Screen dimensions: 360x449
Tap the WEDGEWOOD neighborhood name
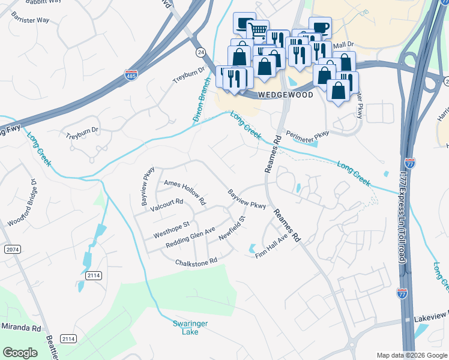285,95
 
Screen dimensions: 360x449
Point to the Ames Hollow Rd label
184,192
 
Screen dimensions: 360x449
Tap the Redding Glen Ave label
190,239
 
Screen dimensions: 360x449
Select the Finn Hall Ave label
272,247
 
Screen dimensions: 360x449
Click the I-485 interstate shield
131,75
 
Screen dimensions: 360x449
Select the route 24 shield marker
200,53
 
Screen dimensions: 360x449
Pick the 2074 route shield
11,248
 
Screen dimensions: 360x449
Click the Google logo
20,353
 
